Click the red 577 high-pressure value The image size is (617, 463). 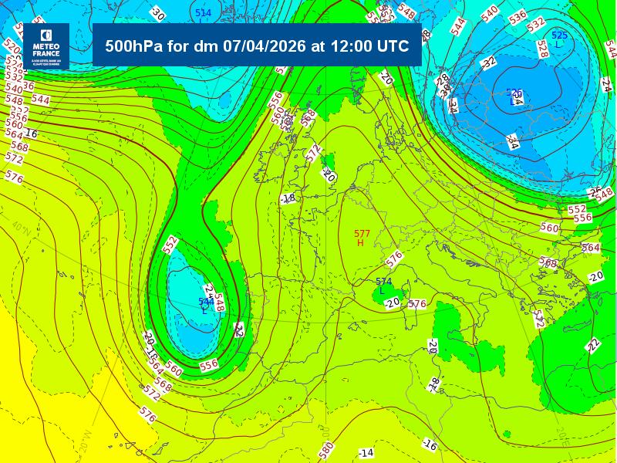click(362, 234)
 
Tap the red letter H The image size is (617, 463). click(360, 243)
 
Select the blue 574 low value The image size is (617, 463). click(383, 282)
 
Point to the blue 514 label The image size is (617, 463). click(203, 13)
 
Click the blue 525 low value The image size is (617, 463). click(559, 35)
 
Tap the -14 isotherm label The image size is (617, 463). click(366, 452)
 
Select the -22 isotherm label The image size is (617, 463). click(593, 345)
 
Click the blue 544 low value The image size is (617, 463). click(205, 302)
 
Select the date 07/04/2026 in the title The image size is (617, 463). click(265, 46)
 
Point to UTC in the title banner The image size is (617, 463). click(393, 46)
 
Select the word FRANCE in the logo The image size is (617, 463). click(46, 53)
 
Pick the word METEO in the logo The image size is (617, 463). click(46, 47)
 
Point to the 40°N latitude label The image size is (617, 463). click(21, 228)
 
